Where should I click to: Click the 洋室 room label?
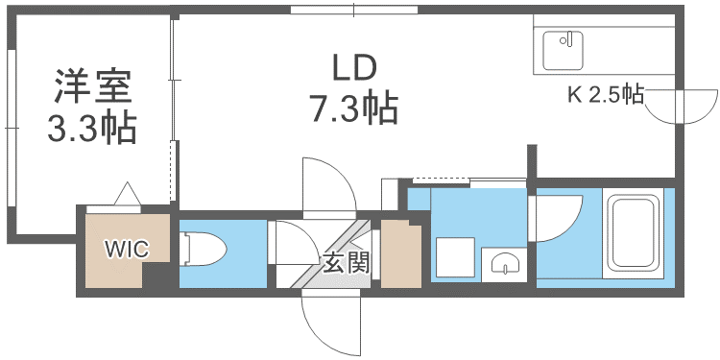(x=91, y=87)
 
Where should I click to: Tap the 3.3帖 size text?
(x=91, y=128)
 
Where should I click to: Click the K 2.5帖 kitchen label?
(x=605, y=94)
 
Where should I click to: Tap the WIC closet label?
(x=127, y=251)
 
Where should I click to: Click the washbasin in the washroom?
(x=503, y=262)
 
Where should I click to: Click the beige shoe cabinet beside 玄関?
(x=401, y=254)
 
